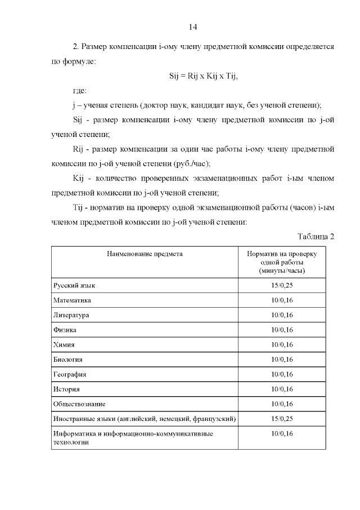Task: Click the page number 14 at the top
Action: tap(192, 26)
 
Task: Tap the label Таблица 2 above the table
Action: tap(316, 236)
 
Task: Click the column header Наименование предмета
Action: tap(145, 254)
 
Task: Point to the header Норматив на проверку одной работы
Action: tap(282, 263)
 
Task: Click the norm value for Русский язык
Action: tap(282, 286)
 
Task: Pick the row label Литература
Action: tap(71, 315)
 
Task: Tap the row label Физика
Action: tap(65, 330)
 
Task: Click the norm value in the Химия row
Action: tap(282, 344)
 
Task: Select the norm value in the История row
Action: tap(282, 389)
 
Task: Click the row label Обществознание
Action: tap(79, 404)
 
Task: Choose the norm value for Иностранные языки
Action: tap(282, 419)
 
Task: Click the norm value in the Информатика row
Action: tap(282, 433)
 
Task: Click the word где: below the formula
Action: tap(80, 90)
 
